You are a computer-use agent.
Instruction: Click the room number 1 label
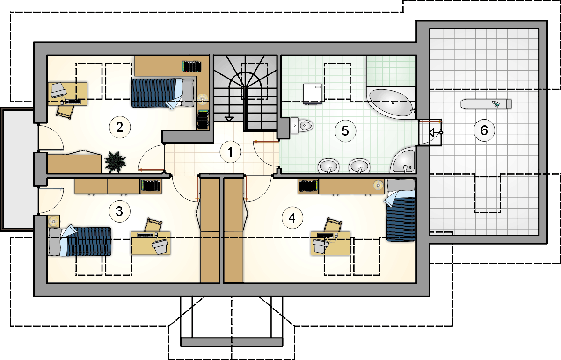(230, 152)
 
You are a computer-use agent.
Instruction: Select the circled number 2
(119, 127)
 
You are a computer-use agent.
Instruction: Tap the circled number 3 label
(119, 211)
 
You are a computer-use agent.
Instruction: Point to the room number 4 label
(292, 218)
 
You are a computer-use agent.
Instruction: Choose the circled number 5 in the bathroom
(345, 130)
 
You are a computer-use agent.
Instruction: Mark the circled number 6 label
(484, 130)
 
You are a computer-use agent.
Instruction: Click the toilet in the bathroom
(302, 125)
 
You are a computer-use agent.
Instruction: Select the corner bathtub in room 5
(392, 102)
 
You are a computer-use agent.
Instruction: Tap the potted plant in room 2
(115, 162)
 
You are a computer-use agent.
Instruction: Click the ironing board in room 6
(486, 104)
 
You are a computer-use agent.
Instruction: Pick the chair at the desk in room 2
(65, 112)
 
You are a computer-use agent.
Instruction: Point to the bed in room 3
(80, 241)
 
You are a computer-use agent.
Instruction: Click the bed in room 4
(401, 210)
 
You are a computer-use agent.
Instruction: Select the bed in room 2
(163, 93)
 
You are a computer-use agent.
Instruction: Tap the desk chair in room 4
(333, 225)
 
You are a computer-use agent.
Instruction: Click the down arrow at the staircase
(229, 119)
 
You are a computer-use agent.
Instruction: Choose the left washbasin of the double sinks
(328, 166)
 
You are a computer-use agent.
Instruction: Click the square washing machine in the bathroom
(313, 94)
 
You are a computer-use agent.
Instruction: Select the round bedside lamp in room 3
(54, 221)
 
